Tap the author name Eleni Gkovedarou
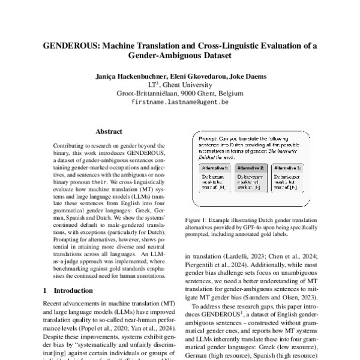click(x=192, y=77)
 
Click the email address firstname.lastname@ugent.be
click(x=179, y=103)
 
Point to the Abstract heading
click(x=109, y=131)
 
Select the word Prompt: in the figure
click(x=208, y=139)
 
